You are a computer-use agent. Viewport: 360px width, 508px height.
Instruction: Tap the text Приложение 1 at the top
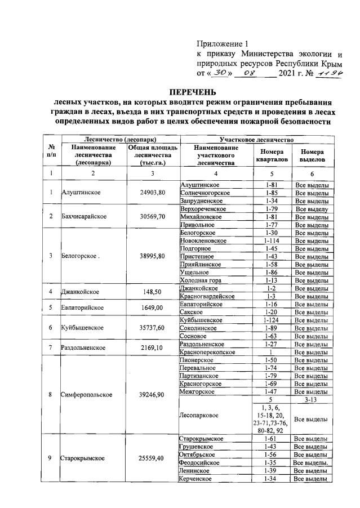point(223,43)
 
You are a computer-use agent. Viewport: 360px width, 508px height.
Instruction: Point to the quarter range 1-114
point(272,240)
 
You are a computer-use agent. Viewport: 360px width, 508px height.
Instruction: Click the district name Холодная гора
point(202,280)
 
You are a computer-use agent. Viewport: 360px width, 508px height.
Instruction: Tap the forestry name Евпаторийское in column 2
point(85,308)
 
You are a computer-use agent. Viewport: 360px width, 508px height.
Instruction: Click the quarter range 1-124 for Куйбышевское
point(272,320)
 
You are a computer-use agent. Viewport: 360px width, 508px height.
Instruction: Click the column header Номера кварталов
point(272,156)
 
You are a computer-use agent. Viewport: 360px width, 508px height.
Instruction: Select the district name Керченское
point(197,478)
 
